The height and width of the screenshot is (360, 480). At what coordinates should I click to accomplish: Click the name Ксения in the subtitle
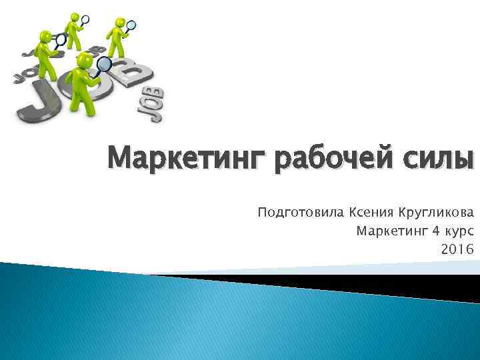click(371, 213)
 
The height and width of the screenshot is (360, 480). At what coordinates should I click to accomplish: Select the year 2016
click(457, 249)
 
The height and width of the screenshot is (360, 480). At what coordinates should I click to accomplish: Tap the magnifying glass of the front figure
click(105, 65)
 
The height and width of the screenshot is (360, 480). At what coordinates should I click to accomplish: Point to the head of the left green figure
click(45, 35)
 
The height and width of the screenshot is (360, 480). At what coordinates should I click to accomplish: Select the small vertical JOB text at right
click(153, 105)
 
